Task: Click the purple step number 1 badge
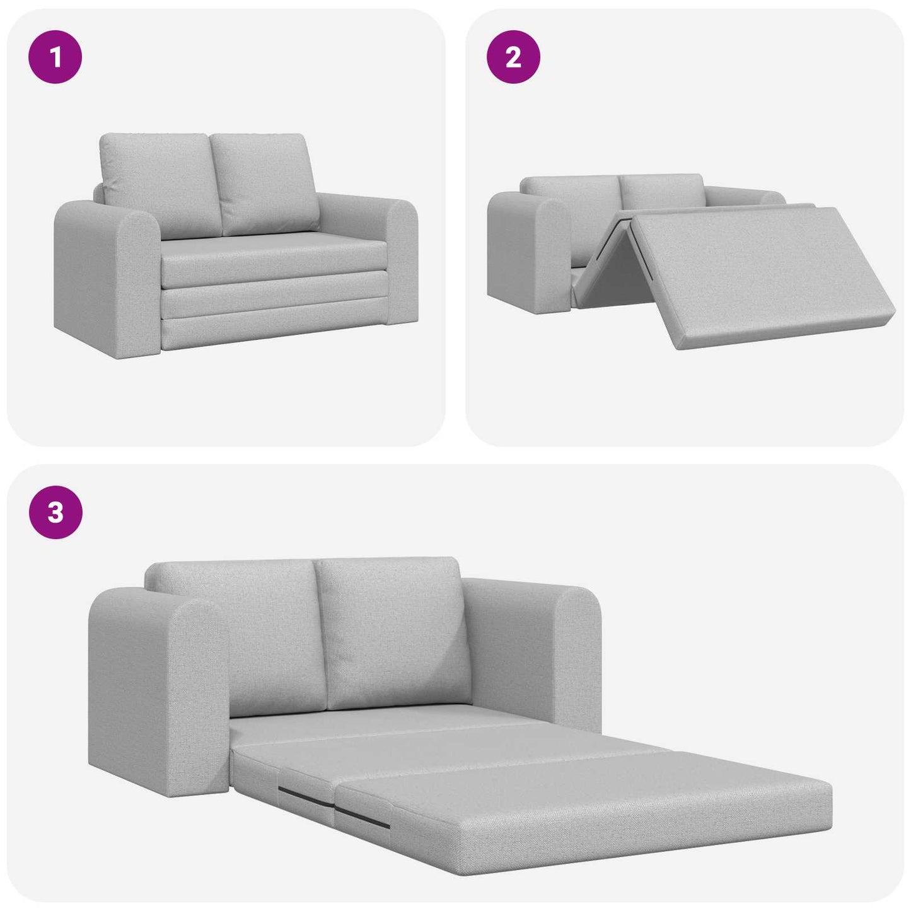(x=55, y=58)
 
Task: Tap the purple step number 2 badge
(x=513, y=58)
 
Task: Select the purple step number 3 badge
(x=55, y=512)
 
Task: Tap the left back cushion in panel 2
(x=571, y=192)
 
